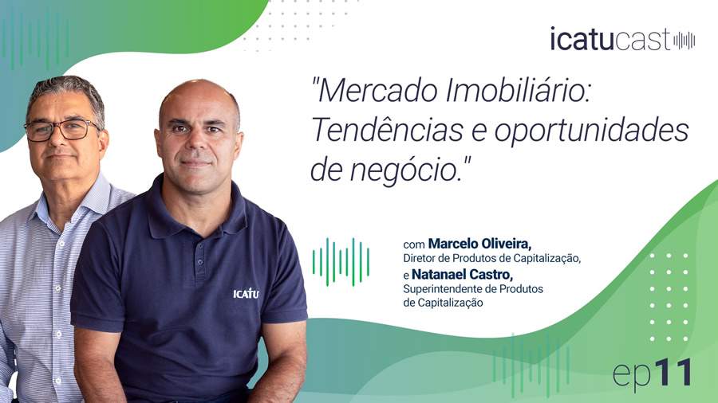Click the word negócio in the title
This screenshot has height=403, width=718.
(x=407, y=168)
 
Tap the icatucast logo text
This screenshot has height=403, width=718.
(x=610, y=39)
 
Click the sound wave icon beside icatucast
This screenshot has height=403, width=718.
(x=684, y=40)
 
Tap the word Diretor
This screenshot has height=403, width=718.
(x=422, y=258)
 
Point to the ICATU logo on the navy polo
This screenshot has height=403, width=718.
(x=246, y=293)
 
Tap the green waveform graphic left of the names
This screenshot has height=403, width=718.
(x=341, y=261)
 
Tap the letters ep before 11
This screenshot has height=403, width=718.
(x=630, y=374)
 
